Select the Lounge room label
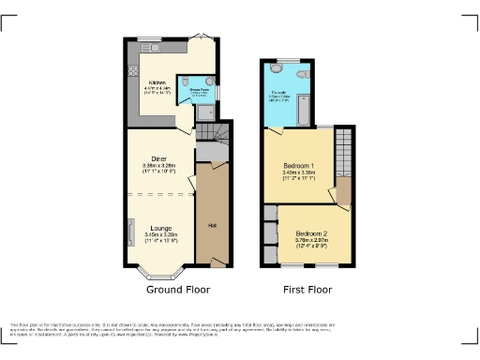pos(158,226)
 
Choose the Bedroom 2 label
pos(312,233)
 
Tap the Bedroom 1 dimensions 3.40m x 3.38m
pos(299,173)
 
